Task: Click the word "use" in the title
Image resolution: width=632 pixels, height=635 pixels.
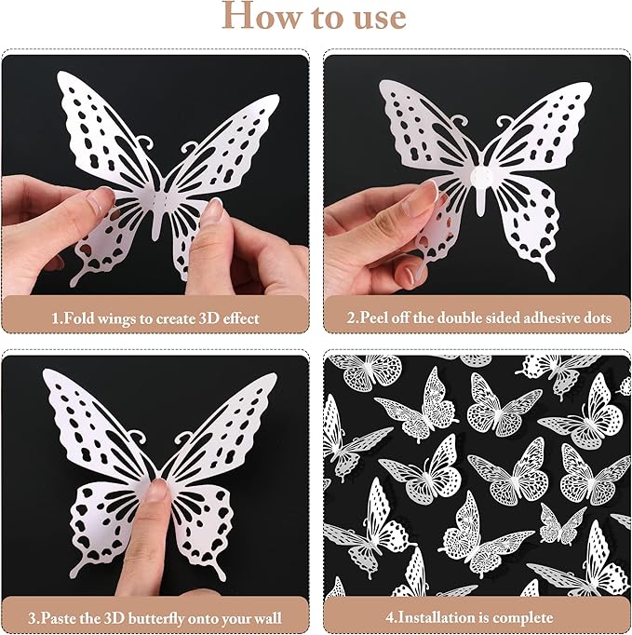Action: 374,18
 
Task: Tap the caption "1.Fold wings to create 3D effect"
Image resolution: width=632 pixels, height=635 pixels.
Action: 155,317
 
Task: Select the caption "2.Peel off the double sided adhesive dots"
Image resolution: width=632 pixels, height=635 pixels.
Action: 478,317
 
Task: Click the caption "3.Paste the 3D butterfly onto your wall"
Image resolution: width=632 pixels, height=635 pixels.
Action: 155,617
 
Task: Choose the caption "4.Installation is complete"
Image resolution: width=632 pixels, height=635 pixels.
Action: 478,617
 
